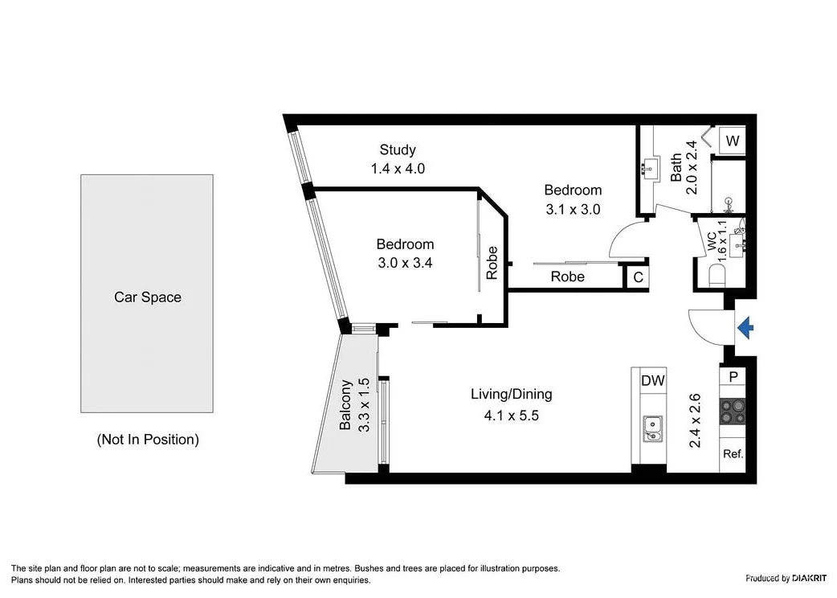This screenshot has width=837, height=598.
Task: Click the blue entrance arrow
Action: pos(745,326)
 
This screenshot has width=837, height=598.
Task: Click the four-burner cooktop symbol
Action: pos(732,412)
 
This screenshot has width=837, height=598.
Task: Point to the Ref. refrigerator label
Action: pos(732,453)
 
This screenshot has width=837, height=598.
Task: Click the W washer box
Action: pos(732,141)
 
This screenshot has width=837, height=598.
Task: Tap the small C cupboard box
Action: pos(638,277)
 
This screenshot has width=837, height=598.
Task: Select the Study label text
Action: pos(398,149)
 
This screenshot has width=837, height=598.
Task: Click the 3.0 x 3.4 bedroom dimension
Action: pos(405,262)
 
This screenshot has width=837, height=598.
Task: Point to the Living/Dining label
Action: pos(511,394)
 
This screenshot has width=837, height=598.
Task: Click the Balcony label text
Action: pos(345,405)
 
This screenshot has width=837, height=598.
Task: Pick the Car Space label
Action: pos(147,297)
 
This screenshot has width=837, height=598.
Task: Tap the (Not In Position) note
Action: pos(147,440)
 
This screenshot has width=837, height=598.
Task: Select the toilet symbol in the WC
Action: pos(717,276)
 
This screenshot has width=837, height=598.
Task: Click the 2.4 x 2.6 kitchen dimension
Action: pos(696,420)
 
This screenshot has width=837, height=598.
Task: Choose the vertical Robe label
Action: pos(492,263)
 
